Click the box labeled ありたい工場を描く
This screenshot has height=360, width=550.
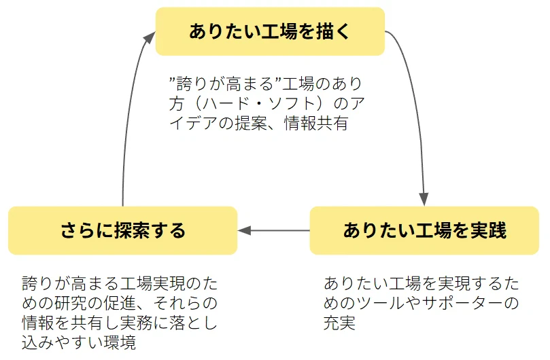point(270,31)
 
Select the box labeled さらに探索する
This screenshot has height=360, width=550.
point(123,230)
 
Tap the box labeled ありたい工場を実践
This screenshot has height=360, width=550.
point(424,230)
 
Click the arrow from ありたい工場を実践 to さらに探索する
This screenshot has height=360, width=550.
point(273,230)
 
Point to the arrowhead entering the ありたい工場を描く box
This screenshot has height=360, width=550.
point(150,37)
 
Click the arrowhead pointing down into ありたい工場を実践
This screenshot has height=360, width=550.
point(424,200)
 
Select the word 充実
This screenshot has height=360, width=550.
point(339,323)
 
